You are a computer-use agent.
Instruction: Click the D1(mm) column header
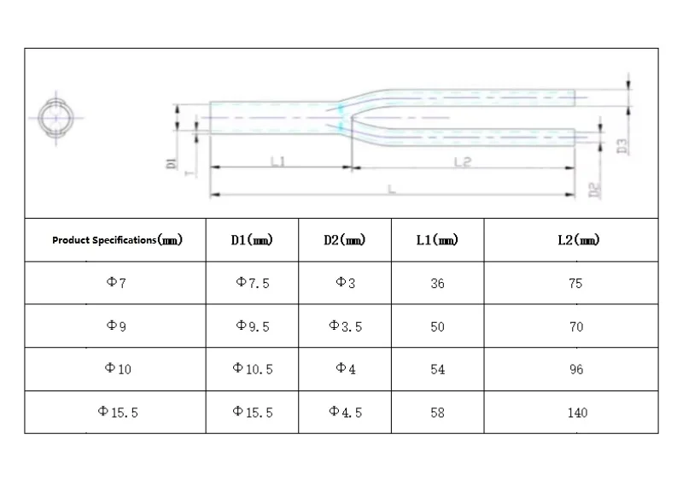pyautogui.click(x=252, y=240)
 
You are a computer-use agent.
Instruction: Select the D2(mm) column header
pyautogui.click(x=345, y=240)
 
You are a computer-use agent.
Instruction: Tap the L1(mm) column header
pyautogui.click(x=437, y=240)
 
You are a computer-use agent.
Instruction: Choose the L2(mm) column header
pyautogui.click(x=579, y=240)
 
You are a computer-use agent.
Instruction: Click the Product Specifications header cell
pyautogui.click(x=117, y=240)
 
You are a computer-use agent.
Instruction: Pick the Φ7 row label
pyautogui.click(x=116, y=283)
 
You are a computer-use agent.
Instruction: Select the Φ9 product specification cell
pyautogui.click(x=116, y=326)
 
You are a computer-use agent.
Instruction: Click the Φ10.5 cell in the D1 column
pyautogui.click(x=253, y=369)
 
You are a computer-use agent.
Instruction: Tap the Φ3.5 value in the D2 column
pyautogui.click(x=346, y=326)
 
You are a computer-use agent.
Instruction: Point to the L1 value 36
pyautogui.click(x=437, y=284)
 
